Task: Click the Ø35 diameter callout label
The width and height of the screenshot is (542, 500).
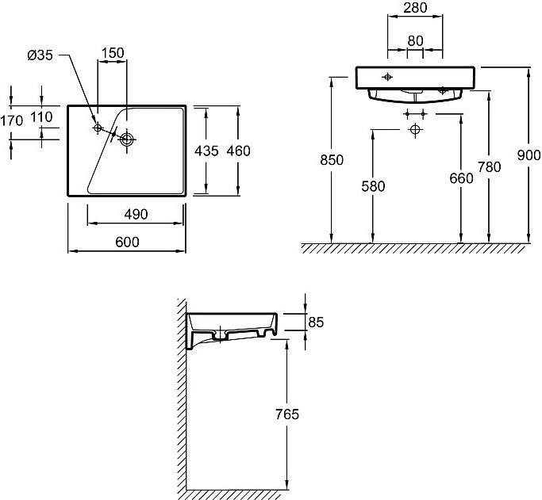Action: [x=40, y=55]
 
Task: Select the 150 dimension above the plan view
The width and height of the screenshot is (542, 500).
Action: [x=113, y=53]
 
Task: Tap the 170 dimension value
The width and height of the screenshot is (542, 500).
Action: [x=12, y=120]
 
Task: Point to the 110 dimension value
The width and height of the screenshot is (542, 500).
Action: [x=41, y=117]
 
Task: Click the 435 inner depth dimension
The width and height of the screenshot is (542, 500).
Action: [x=206, y=151]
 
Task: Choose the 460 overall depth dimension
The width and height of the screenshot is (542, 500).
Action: [x=239, y=151]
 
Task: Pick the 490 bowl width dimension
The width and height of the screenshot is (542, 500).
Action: [x=136, y=214]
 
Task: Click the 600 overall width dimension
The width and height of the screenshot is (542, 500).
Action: [x=127, y=242]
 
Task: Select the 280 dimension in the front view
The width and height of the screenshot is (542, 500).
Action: [x=415, y=8]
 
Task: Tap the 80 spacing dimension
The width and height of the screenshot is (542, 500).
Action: [x=415, y=41]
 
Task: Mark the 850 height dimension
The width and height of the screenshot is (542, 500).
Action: [x=332, y=160]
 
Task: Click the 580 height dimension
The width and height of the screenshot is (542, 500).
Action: [x=373, y=186]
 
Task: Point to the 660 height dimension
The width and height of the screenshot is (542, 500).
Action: [x=462, y=178]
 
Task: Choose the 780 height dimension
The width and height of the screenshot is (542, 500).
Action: [x=489, y=167]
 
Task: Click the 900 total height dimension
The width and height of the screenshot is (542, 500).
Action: [x=529, y=155]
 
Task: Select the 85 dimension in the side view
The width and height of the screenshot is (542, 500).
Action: [x=316, y=323]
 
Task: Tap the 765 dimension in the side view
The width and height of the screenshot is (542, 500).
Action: [x=287, y=414]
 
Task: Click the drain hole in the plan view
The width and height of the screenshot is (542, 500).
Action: [x=127, y=139]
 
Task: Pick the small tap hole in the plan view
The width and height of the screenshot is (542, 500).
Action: [x=98, y=128]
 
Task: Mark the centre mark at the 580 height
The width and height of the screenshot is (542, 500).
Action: [x=415, y=130]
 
